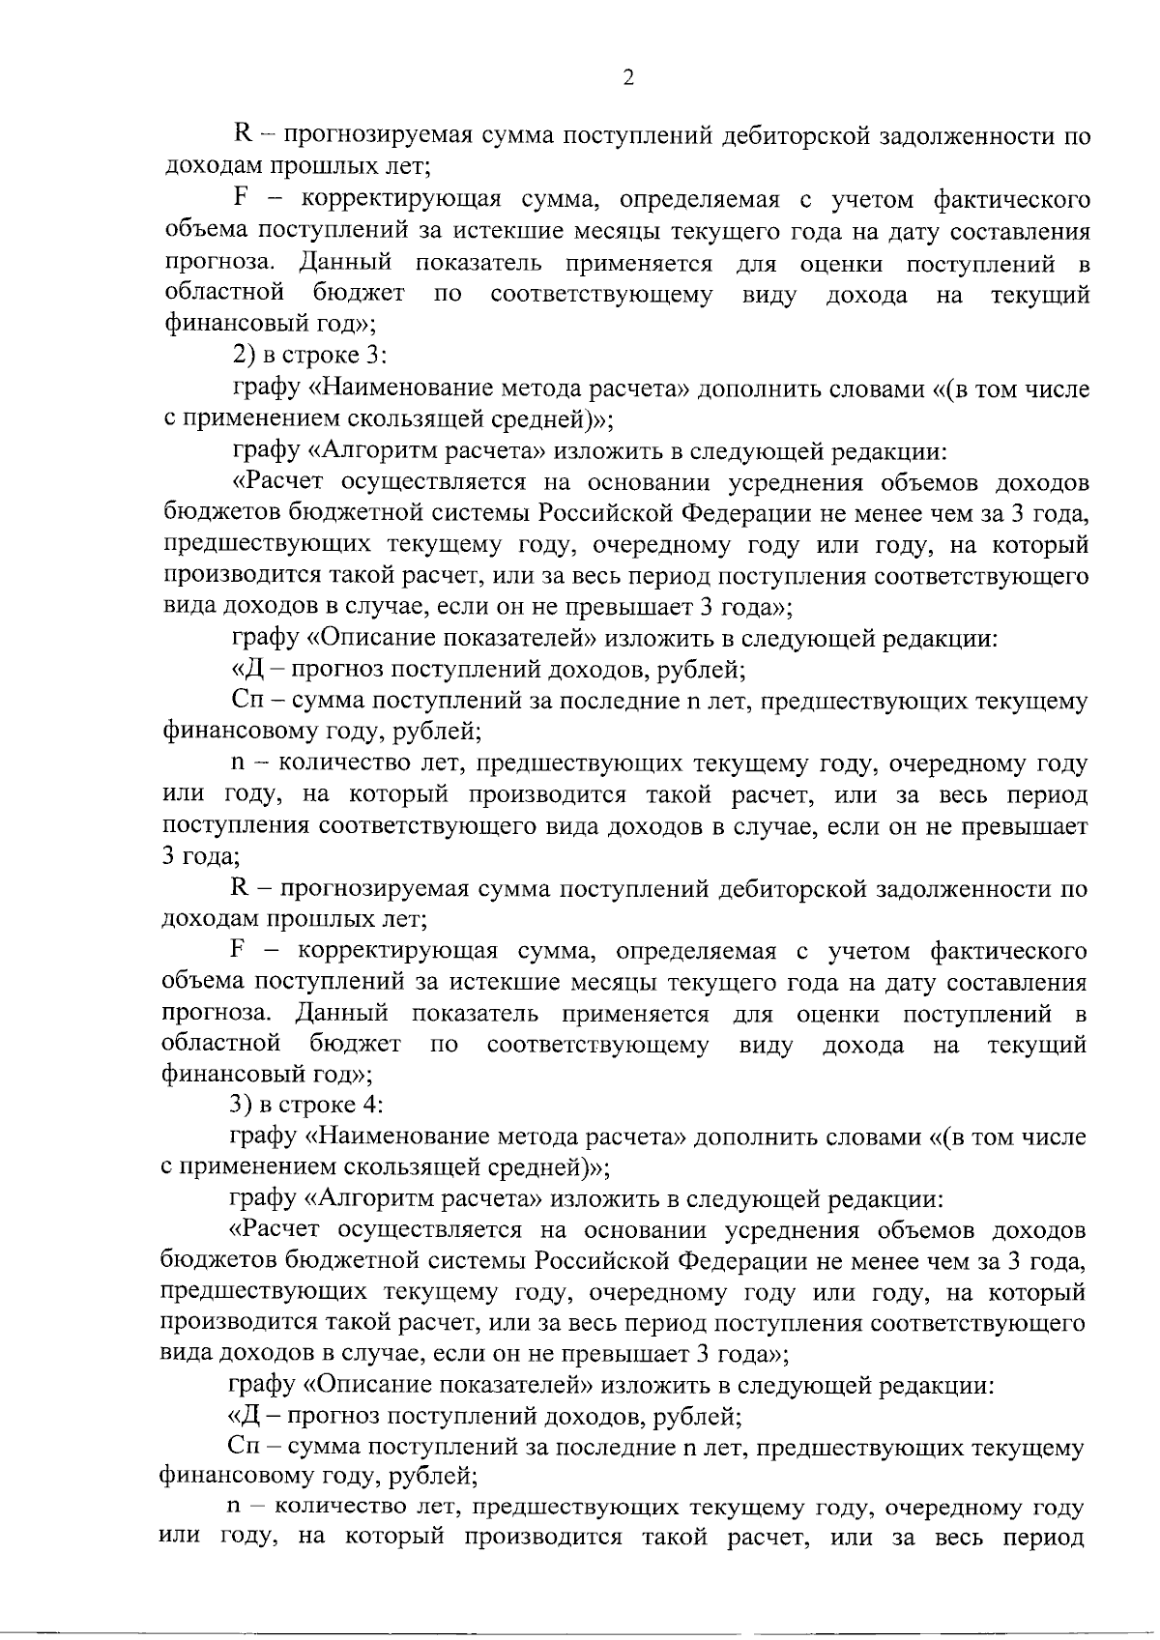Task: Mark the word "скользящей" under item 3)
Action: point(406,1167)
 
